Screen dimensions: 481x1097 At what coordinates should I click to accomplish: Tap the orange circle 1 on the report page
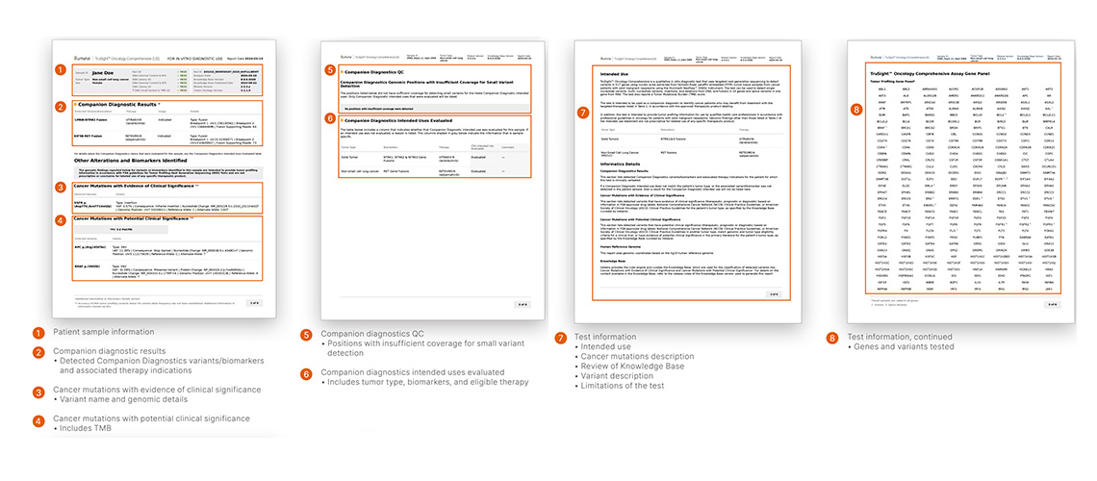click(x=62, y=69)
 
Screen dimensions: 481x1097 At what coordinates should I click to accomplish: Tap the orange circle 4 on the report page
click(x=62, y=221)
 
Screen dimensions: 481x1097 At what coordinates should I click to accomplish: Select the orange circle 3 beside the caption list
click(x=38, y=392)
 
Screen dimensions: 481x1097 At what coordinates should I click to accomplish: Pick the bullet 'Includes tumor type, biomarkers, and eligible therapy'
click(x=417, y=382)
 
